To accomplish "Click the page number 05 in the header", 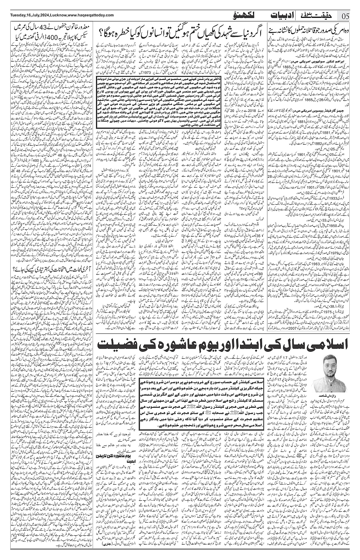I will [x=346, y=16].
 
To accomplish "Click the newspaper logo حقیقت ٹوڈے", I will [x=320, y=16].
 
